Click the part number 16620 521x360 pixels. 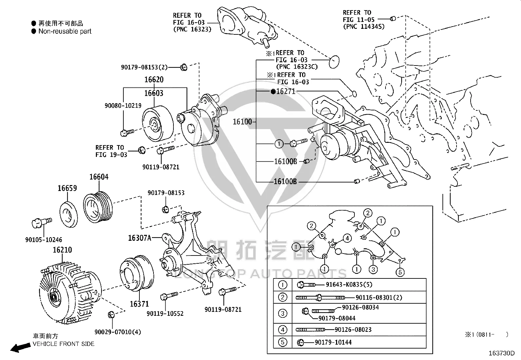(x=154, y=80)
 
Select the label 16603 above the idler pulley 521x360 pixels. (x=154, y=93)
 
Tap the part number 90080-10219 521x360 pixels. (x=123, y=106)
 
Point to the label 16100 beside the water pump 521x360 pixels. (x=243, y=122)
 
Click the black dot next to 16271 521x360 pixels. (x=273, y=91)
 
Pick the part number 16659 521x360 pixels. (x=67, y=188)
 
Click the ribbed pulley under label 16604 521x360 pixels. (x=98, y=207)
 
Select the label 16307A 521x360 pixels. (x=140, y=238)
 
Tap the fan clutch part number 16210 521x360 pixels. (x=62, y=250)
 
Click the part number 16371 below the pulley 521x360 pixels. (x=139, y=304)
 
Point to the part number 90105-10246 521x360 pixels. (x=44, y=240)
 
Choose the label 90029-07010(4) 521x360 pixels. (x=118, y=332)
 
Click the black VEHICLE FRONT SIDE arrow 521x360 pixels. (x=21, y=348)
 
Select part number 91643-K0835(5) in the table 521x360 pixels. (x=349, y=285)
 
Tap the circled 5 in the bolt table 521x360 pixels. (x=283, y=342)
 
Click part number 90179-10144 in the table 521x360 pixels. (x=333, y=342)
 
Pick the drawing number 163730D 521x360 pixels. (x=502, y=353)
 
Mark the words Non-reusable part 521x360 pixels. (x=65, y=31)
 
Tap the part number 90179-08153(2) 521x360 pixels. (x=144, y=67)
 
